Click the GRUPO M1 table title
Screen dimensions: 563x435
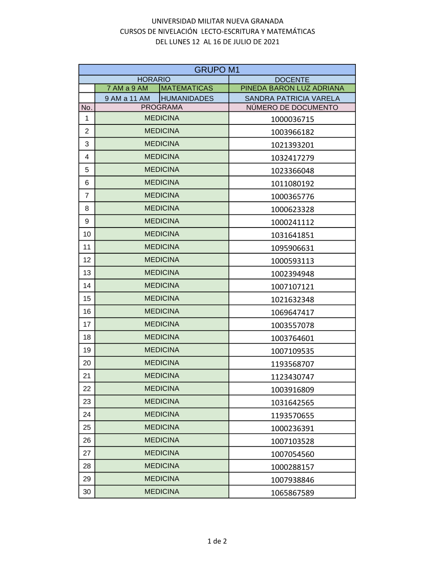pos(217,70)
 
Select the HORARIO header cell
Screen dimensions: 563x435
pos(154,80)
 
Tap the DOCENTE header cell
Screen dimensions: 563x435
pos(292,80)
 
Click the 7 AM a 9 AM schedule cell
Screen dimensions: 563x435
pos(127,88)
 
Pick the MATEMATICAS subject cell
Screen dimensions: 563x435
pos(187,88)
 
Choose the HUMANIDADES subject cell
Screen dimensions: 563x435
pos(187,98)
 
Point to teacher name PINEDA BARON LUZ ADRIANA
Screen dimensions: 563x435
pos(292,88)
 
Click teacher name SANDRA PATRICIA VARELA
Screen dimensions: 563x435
pos(292,98)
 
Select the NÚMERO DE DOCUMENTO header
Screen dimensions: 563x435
pos(292,107)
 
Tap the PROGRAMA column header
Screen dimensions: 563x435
pos(161,107)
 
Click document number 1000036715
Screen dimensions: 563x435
pos(292,119)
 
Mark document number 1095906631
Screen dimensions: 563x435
pos(292,248)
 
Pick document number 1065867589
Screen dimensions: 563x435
pos(292,493)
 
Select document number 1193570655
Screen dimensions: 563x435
pos(292,416)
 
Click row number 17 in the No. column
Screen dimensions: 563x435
pos(87,324)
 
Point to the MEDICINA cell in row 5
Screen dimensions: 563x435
pos(161,170)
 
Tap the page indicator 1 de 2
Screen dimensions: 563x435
pos(217,541)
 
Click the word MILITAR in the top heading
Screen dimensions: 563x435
pos(211,21)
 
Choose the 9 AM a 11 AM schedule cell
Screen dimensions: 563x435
pos(127,98)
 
